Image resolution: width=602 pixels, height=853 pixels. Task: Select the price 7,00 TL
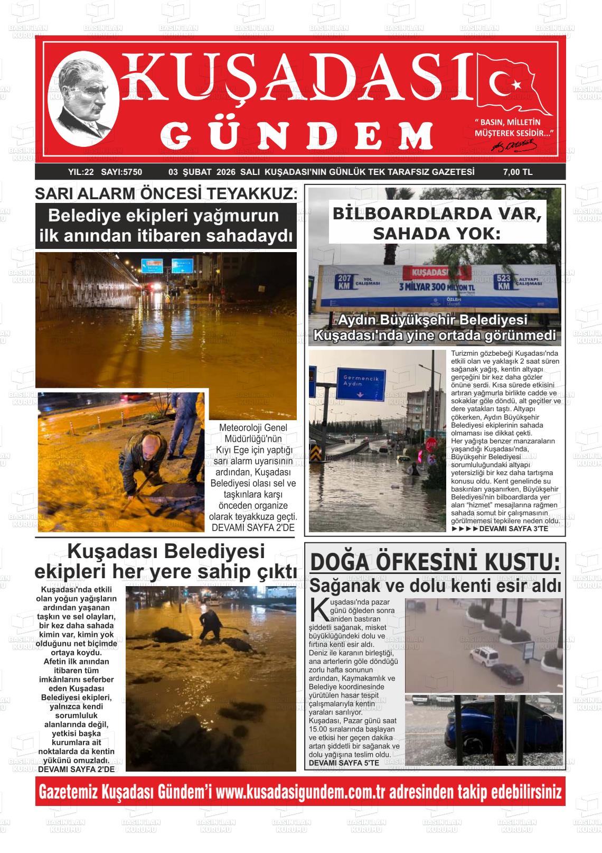click(x=517, y=172)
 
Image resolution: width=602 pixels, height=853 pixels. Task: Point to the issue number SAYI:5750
click(x=121, y=172)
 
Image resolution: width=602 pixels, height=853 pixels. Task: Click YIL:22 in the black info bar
click(x=81, y=172)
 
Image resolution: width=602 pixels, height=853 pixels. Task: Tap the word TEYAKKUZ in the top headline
click(x=253, y=194)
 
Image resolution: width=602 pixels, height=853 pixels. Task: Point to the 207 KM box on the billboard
click(x=344, y=282)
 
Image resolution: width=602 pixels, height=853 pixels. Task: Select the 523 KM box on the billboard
click(x=504, y=282)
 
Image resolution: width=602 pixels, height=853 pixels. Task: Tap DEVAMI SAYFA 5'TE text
click(x=344, y=763)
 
